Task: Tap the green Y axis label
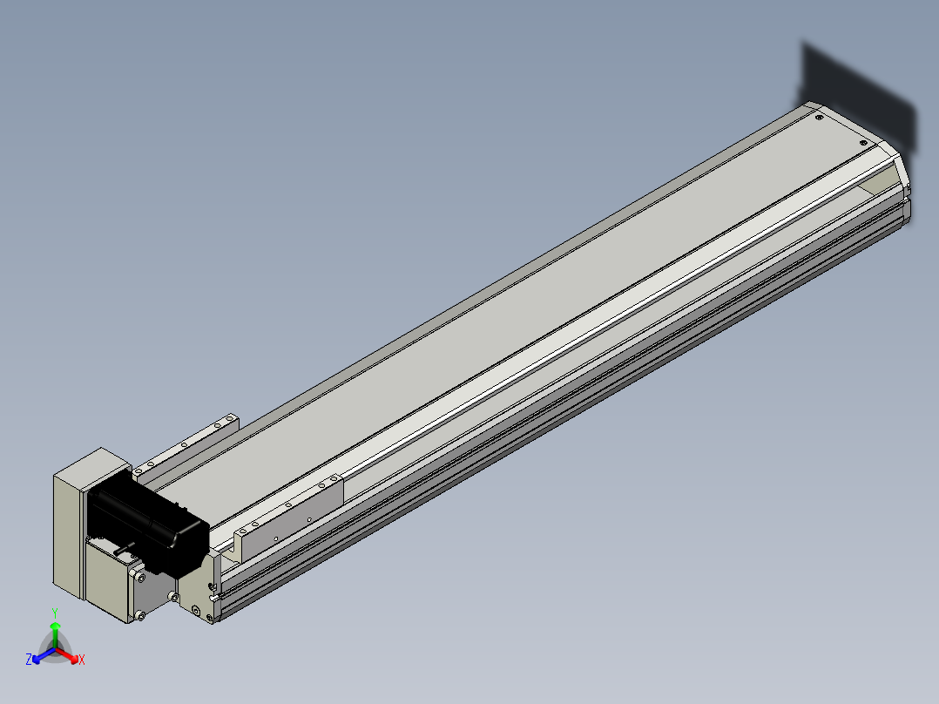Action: (55, 613)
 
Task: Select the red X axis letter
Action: (82, 660)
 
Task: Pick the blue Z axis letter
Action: (28, 660)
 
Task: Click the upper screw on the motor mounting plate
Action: (140, 578)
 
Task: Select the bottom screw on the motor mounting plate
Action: (140, 615)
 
